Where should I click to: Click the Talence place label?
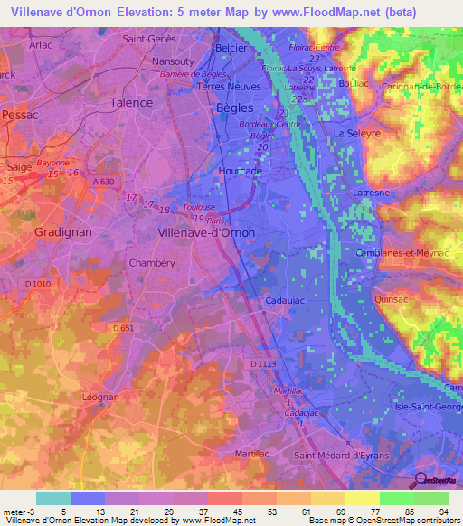click(x=131, y=102)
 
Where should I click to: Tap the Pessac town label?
click(x=19, y=115)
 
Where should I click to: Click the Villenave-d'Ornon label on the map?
click(x=206, y=231)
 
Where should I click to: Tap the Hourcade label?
click(x=240, y=170)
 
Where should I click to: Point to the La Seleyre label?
click(x=356, y=133)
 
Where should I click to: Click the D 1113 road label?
click(x=262, y=363)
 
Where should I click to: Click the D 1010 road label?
click(x=39, y=286)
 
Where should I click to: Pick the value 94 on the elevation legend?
click(x=443, y=512)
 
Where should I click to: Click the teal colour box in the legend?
click(x=52, y=498)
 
